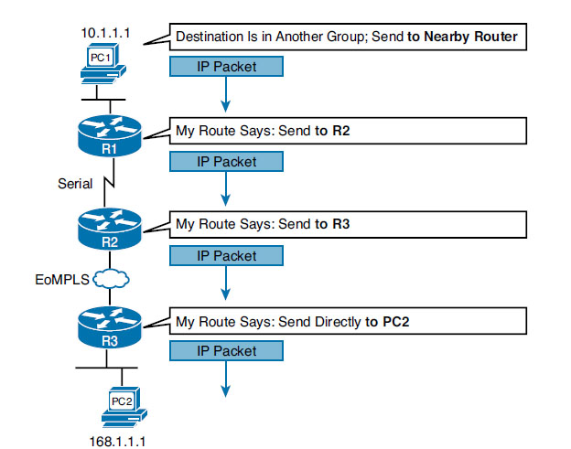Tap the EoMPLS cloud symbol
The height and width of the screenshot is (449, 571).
click(x=111, y=276)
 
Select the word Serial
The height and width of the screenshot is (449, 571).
click(x=75, y=183)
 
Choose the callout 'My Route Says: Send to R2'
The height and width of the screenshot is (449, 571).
click(x=348, y=131)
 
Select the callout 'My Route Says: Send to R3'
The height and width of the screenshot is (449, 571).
click(x=348, y=223)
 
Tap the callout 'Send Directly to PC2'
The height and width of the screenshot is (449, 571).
click(x=348, y=320)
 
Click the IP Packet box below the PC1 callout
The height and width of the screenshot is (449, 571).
click(x=226, y=66)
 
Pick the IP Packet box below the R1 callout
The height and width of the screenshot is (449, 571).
click(x=226, y=161)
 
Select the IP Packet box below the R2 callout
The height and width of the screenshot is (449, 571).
click(x=226, y=255)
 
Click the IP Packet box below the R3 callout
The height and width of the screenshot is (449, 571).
click(x=226, y=351)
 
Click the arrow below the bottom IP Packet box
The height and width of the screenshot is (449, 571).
click(x=226, y=380)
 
